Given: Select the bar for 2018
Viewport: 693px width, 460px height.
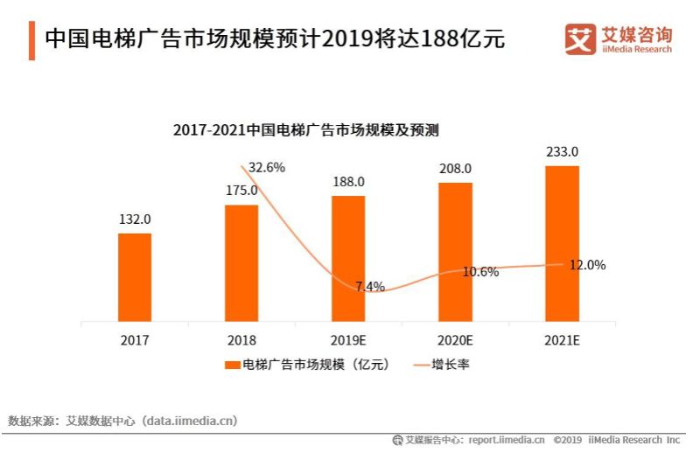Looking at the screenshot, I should click(x=241, y=262).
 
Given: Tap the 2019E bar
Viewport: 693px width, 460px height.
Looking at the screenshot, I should click(x=348, y=258).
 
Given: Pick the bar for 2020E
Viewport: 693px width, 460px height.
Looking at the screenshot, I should click(x=455, y=252).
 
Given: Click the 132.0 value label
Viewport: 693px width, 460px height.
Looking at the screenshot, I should click(x=135, y=220).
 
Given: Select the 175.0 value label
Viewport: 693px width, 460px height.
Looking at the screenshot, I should click(x=241, y=191).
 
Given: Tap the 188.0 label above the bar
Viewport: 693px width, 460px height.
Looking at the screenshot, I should click(x=348, y=182).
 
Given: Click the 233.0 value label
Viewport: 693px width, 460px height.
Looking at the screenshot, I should click(x=562, y=152).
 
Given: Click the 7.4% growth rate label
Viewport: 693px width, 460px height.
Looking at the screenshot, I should click(x=370, y=287).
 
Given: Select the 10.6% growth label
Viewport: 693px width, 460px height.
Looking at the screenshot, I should click(x=480, y=272).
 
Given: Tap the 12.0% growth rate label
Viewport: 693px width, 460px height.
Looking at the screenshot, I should click(x=587, y=265).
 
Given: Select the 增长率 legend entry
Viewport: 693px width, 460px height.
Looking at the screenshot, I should click(x=442, y=364).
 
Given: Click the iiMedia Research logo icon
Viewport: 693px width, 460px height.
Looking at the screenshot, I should click(x=579, y=39).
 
